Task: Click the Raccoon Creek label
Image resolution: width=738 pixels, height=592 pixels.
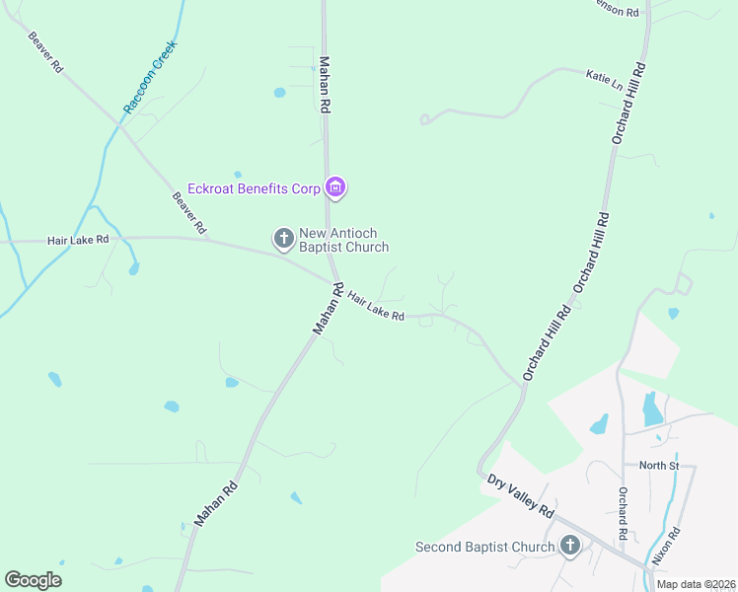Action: click(x=150, y=77)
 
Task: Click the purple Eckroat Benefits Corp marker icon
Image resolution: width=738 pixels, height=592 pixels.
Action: click(x=335, y=187)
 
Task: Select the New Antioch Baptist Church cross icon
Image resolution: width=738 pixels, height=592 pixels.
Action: click(x=283, y=238)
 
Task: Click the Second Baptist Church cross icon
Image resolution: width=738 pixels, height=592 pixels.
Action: click(x=569, y=546)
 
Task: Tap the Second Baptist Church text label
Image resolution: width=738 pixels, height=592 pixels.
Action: click(x=484, y=547)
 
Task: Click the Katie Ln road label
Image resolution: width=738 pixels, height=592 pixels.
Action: click(x=605, y=79)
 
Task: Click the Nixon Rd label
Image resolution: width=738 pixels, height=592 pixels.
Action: click(x=667, y=547)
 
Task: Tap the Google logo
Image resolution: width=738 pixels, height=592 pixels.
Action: click(x=33, y=579)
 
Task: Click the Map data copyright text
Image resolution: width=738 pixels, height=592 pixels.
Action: click(x=696, y=584)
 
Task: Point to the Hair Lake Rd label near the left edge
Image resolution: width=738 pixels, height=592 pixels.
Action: click(x=77, y=240)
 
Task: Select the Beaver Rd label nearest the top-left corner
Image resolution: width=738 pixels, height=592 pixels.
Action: click(x=45, y=52)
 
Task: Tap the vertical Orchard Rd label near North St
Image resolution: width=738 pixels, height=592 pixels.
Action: click(x=623, y=513)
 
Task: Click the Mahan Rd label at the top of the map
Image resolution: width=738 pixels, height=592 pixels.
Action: click(x=325, y=84)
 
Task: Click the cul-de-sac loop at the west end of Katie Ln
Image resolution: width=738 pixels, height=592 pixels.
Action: click(x=424, y=119)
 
